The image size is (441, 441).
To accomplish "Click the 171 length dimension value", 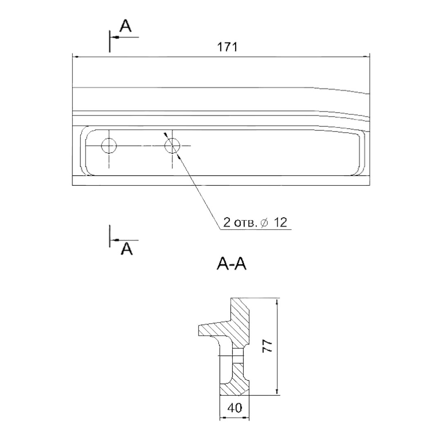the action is [x=227, y=47].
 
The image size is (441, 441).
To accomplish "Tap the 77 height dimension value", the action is [x=267, y=346].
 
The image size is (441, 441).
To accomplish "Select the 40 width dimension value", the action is [x=234, y=408].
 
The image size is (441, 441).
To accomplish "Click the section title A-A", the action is [x=232, y=264].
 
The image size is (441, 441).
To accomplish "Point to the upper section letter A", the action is [x=125, y=26].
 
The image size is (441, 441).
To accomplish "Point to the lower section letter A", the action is [x=127, y=249].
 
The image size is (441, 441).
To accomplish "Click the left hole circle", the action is [x=109, y=146].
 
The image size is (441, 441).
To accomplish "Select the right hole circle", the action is [x=172, y=146].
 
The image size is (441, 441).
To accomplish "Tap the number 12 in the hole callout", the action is [x=280, y=223].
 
